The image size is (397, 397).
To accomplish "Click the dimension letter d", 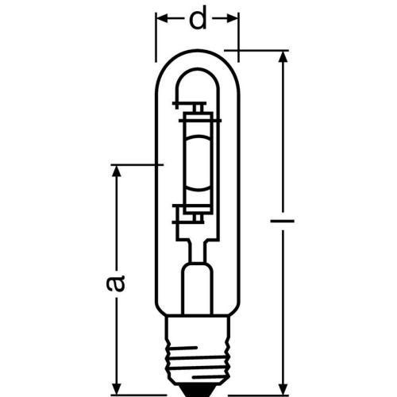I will point(198,19).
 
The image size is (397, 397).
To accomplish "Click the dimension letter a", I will point(117,283).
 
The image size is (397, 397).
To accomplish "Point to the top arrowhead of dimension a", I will point(117,172).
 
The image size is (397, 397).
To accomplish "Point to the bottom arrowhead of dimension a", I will point(117,390).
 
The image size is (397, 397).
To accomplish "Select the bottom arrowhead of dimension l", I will point(282,390).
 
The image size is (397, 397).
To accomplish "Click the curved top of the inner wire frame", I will point(198,73).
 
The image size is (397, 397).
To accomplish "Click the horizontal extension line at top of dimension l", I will point(262,51).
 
